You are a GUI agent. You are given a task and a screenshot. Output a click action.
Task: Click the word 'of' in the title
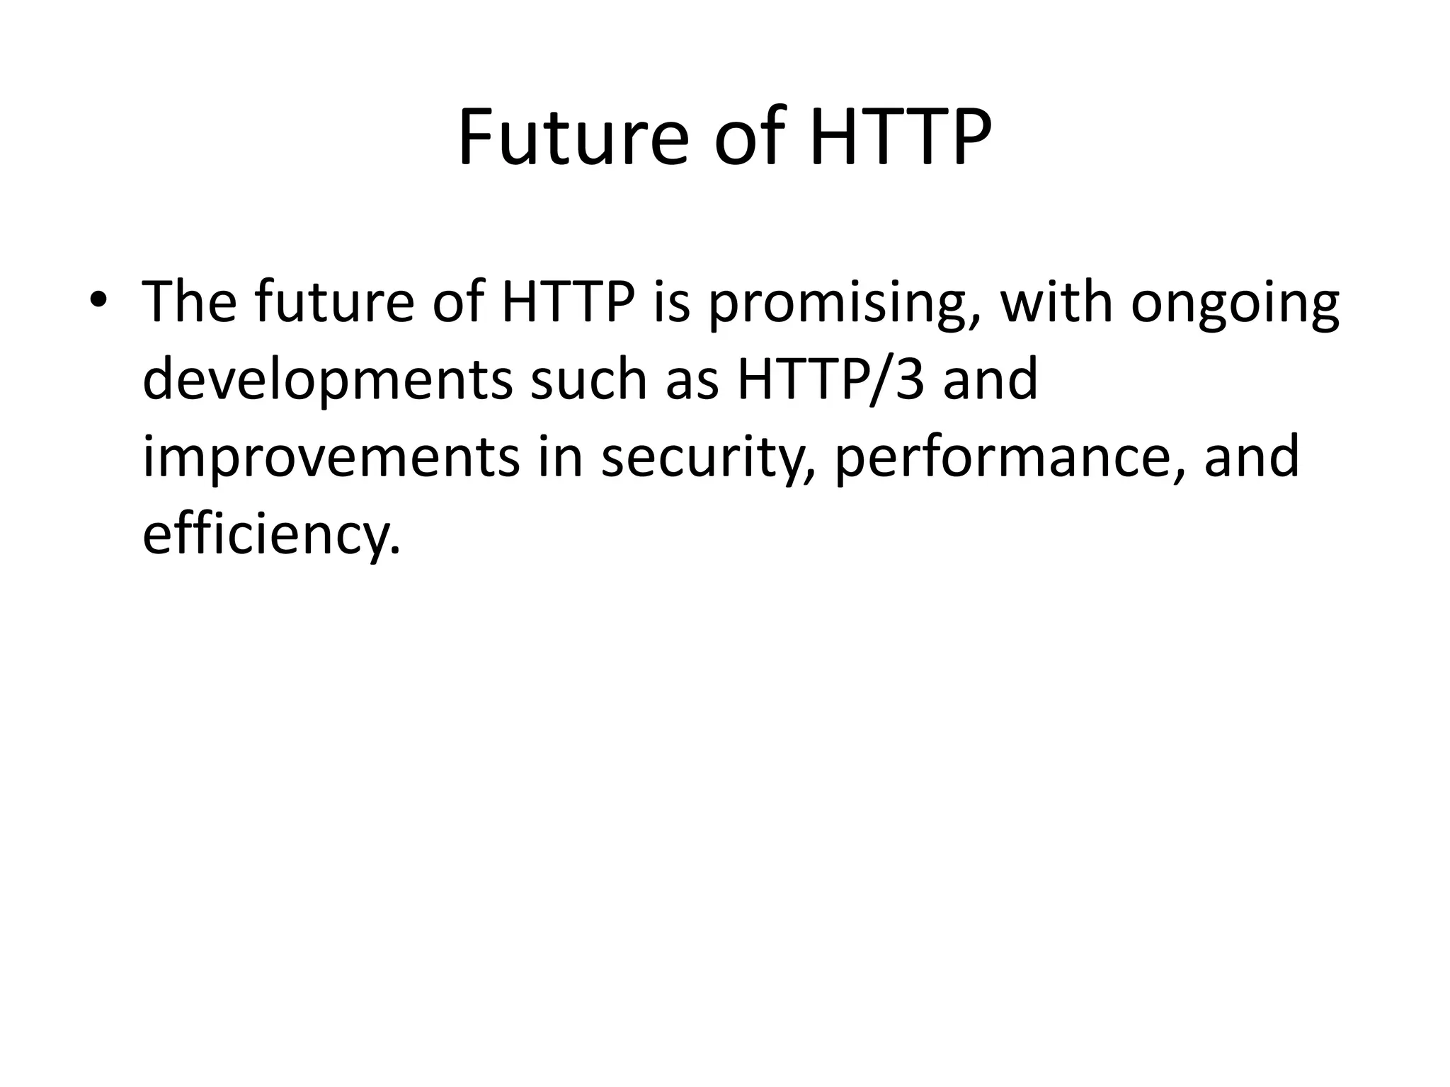pos(750,138)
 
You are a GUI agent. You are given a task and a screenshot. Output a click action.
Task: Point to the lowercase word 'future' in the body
pos(333,302)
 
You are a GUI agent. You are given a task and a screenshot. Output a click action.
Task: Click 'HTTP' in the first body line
pos(567,302)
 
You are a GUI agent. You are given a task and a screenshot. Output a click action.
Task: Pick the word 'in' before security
pos(560,458)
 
